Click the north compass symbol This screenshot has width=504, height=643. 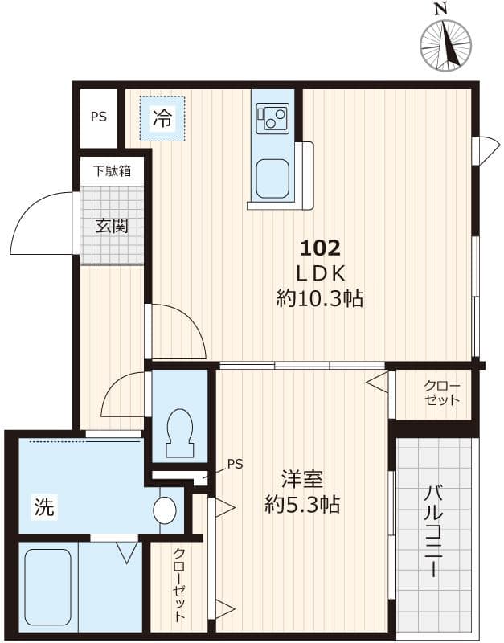[446, 42]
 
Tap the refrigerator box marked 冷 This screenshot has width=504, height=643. [162, 119]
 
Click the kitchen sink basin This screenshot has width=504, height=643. [272, 178]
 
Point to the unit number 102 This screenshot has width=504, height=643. [321, 247]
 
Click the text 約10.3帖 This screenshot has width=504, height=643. [320, 300]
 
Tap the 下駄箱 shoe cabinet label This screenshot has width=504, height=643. [112, 170]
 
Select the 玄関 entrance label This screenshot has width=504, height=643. [112, 226]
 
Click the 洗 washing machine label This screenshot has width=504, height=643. [44, 507]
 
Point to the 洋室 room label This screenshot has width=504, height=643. [302, 480]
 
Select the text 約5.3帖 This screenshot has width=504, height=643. [302, 506]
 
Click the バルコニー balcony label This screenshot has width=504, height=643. [433, 531]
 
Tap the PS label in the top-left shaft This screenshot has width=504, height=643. [98, 117]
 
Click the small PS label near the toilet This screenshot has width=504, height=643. [234, 464]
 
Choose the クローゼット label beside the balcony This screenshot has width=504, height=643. [442, 393]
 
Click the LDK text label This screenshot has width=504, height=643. [321, 273]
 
